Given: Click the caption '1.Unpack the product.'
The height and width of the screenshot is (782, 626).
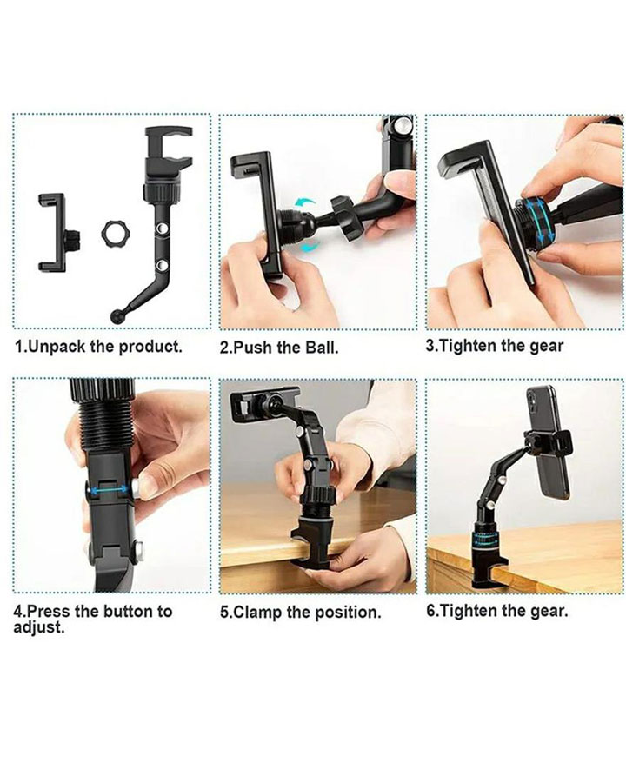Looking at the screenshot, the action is (98, 347).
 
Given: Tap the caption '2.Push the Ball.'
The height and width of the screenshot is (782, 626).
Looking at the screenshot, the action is (279, 348).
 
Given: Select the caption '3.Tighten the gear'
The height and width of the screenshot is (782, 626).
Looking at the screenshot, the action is (494, 346).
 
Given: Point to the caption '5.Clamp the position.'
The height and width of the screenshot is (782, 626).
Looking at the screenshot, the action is (301, 612).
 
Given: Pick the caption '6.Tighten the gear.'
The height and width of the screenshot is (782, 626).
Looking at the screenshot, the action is (497, 611).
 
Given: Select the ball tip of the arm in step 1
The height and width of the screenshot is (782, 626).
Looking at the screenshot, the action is (117, 316).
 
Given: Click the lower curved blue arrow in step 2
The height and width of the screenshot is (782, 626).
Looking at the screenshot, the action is (310, 246).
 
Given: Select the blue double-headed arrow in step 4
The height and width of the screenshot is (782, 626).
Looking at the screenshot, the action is (106, 491).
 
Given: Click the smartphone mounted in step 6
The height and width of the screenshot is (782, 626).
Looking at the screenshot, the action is (548, 442).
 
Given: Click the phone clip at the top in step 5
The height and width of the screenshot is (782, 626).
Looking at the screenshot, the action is (264, 404).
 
